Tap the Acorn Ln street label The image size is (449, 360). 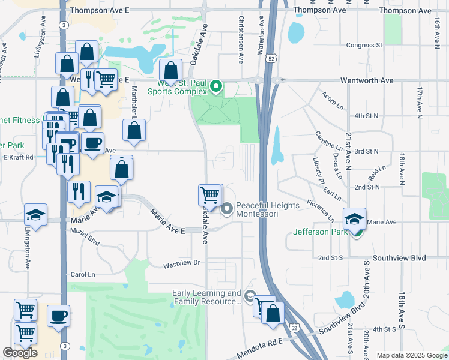(x=331, y=98)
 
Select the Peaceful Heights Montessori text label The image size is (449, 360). (x=267, y=209)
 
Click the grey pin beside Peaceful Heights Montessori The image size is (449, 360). (x=227, y=209)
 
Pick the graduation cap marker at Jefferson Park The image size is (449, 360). (x=354, y=218)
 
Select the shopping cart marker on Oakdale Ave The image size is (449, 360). (x=209, y=194)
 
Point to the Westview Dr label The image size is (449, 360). (x=181, y=263)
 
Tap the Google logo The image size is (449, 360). (x=20, y=353)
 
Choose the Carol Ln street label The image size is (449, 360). (x=83, y=274)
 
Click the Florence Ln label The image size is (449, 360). (x=321, y=210)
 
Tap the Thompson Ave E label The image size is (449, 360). (x=100, y=11)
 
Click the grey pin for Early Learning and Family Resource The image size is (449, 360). (x=250, y=295)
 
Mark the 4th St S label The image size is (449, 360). (x=384, y=329)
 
